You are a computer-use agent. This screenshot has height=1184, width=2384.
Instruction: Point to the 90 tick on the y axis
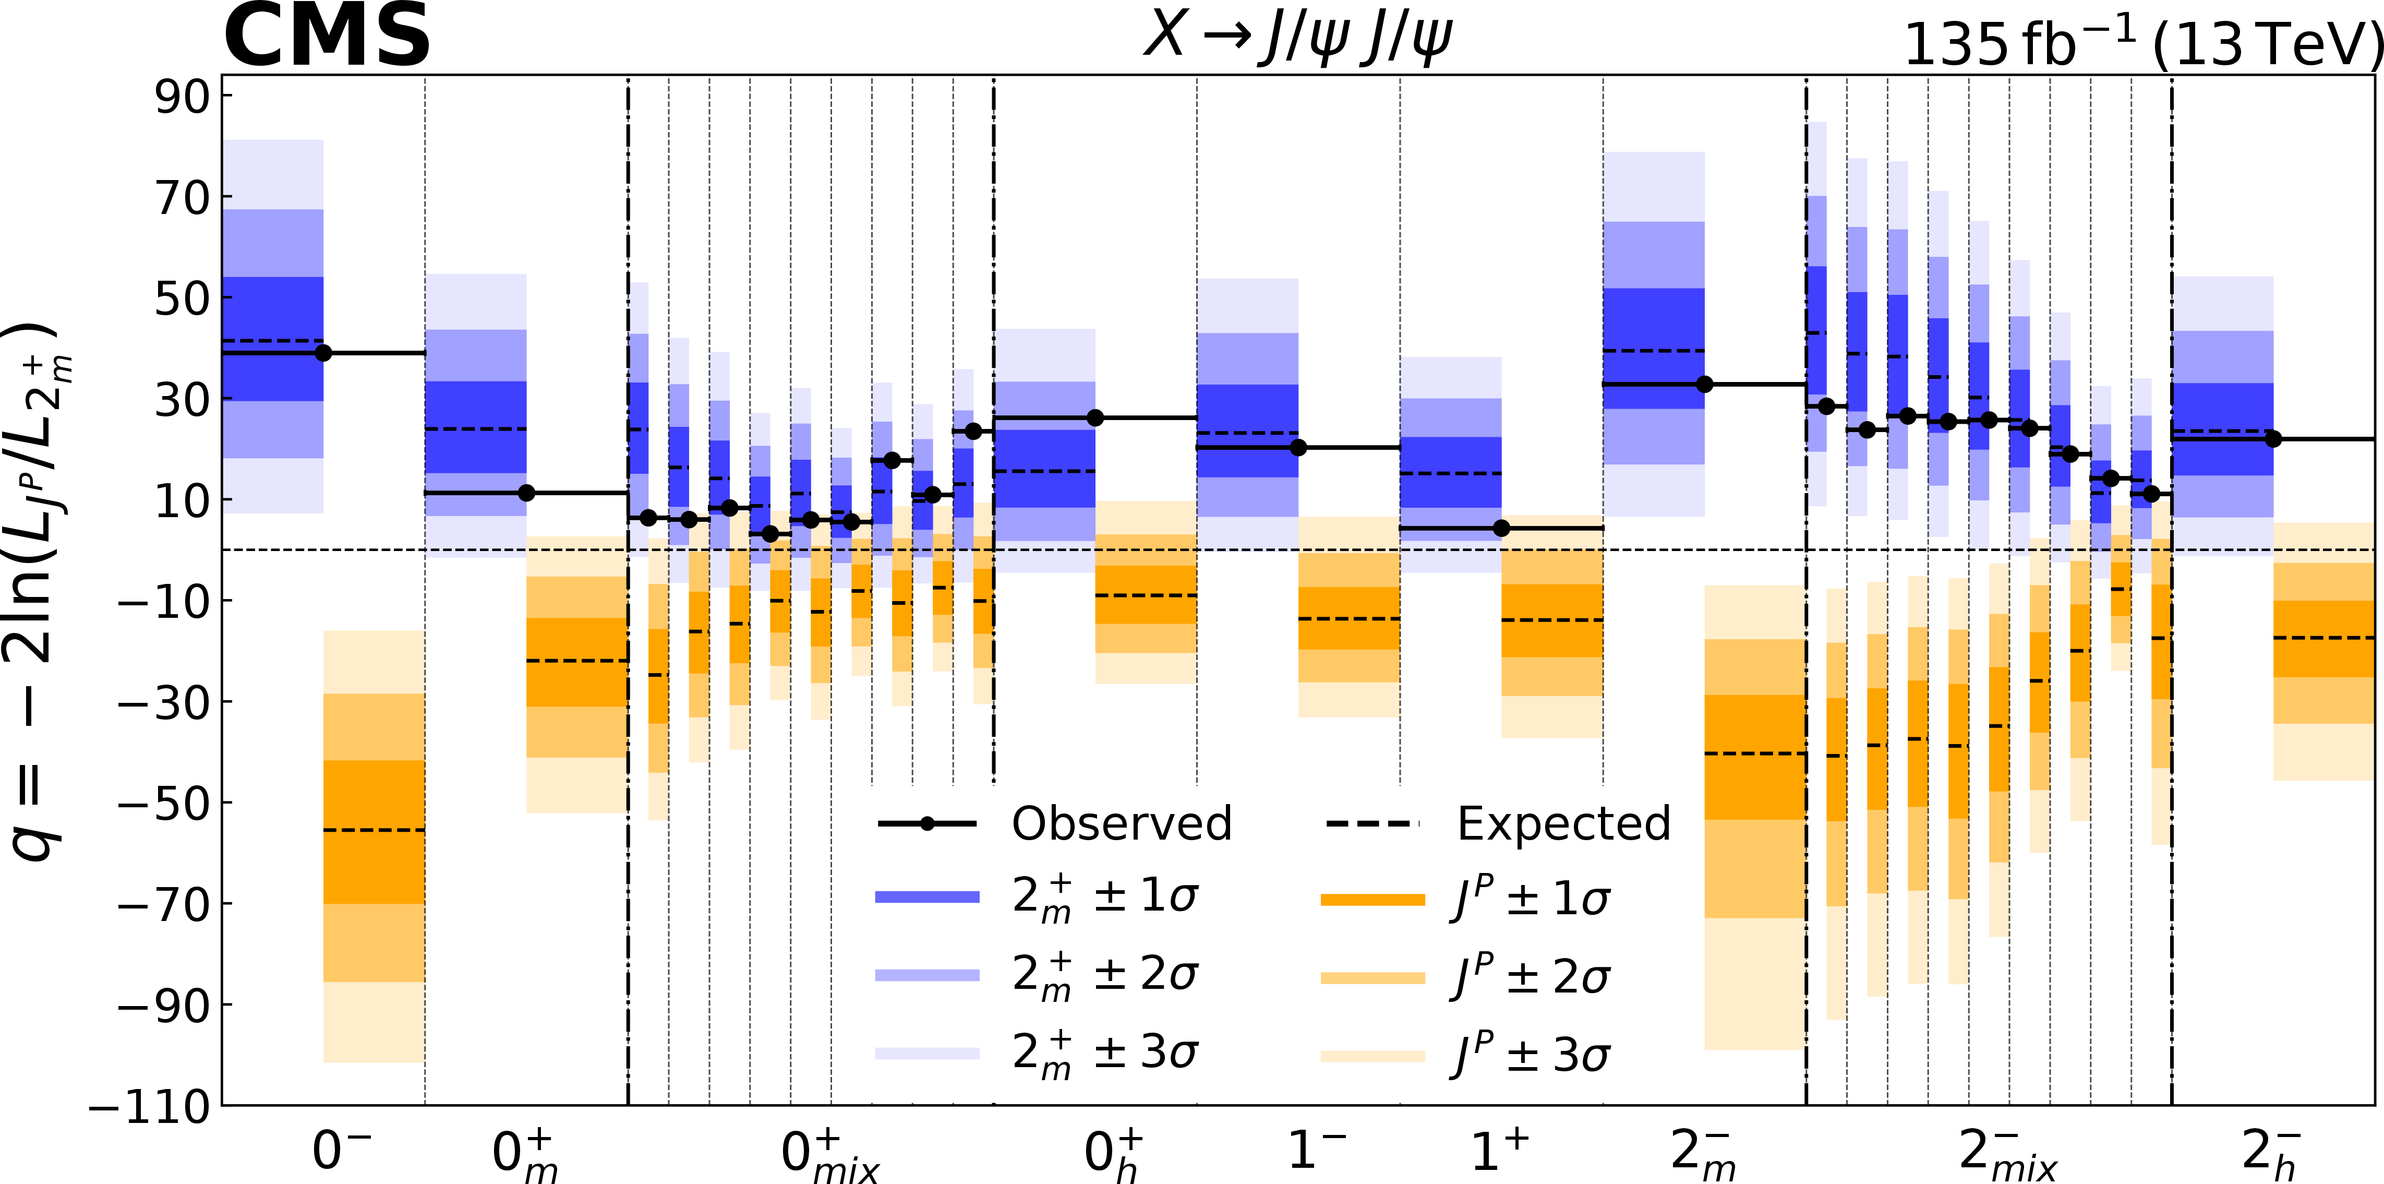tap(182, 97)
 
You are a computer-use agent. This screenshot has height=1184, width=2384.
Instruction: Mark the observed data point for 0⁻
tap(323, 353)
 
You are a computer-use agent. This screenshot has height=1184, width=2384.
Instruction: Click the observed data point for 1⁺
tap(1502, 529)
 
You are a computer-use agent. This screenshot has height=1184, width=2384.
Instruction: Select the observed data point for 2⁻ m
tap(1705, 384)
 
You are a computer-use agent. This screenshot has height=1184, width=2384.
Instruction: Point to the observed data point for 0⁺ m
tap(526, 493)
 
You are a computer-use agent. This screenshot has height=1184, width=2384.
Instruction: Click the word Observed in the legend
tap(1122, 823)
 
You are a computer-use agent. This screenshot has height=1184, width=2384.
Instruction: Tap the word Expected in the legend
tap(1564, 823)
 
